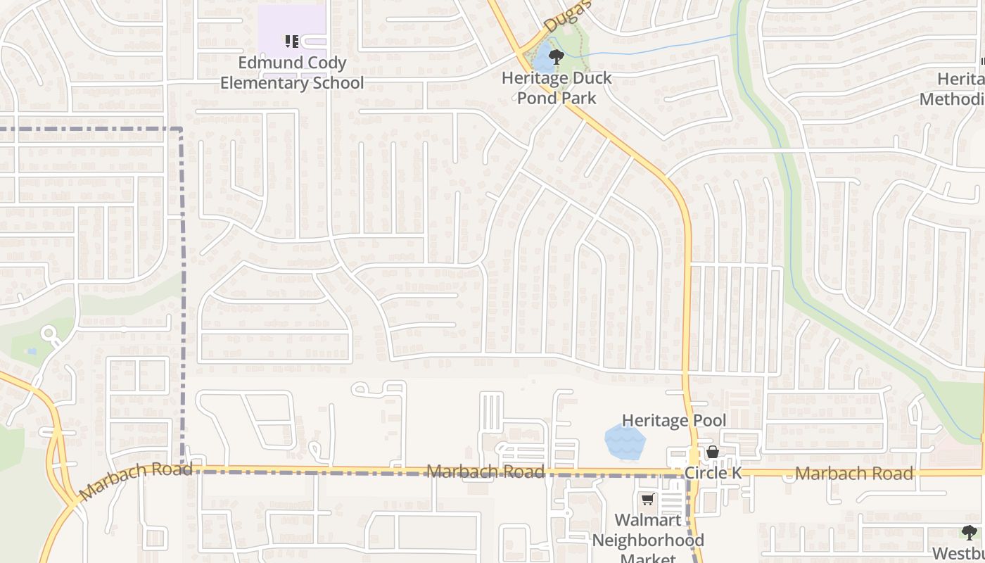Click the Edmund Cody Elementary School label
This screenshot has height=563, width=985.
click(x=292, y=73)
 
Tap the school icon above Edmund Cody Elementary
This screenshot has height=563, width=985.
click(x=292, y=42)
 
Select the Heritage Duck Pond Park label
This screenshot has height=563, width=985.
click(x=557, y=88)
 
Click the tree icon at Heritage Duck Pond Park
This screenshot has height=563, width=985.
click(x=557, y=57)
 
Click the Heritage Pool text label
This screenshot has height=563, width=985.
click(x=673, y=421)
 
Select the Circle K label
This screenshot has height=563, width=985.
click(x=713, y=473)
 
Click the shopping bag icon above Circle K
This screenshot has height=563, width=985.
click(x=713, y=452)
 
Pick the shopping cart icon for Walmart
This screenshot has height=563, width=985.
click(x=647, y=500)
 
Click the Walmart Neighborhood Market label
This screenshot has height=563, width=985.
click(x=648, y=540)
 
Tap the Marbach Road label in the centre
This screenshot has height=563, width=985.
click(x=485, y=472)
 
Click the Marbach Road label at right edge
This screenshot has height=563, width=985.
click(x=854, y=474)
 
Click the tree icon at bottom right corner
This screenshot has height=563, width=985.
click(x=969, y=532)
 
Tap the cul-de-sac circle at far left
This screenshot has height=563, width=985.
click(x=49, y=334)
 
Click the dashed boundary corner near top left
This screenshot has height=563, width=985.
click(x=182, y=129)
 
